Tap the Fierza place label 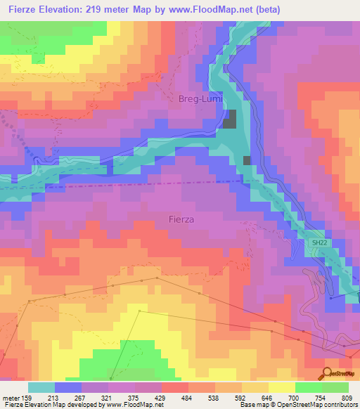click(x=181, y=219)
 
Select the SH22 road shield click(x=320, y=242)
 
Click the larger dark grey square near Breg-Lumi click(x=230, y=120)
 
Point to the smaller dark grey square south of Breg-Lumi click(x=247, y=160)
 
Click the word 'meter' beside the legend click(x=11, y=397)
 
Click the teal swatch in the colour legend click(x=41, y=387)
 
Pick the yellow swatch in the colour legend click(x=281, y=387)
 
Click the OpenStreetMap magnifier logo click(x=327, y=373)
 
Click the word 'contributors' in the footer click(x=342, y=405)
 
